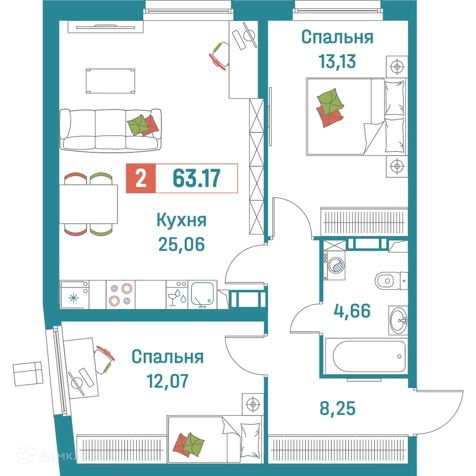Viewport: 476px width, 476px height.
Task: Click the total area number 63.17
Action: (196, 178)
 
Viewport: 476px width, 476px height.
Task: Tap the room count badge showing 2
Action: (140, 178)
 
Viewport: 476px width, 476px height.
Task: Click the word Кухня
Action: (181, 221)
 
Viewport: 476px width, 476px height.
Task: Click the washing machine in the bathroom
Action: (336, 265)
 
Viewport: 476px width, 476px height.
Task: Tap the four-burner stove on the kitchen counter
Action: (120, 294)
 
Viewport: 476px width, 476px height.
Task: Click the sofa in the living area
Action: (110, 129)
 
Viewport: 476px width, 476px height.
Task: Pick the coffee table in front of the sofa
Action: (109, 80)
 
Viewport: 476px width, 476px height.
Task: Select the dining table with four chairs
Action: (88, 204)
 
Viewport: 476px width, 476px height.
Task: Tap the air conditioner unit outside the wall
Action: (27, 374)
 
